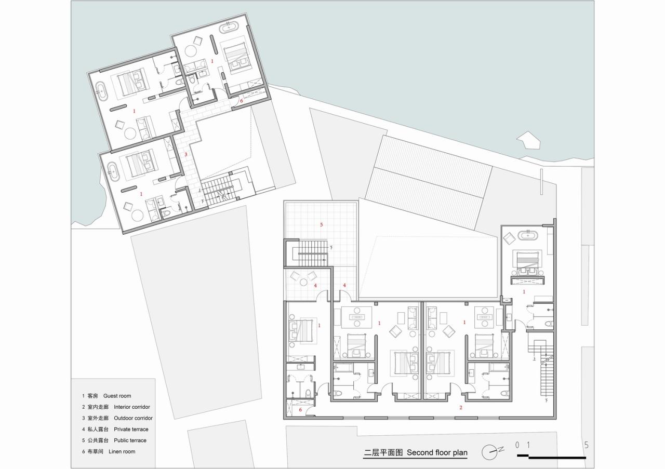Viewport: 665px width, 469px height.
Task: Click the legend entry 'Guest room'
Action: point(117,396)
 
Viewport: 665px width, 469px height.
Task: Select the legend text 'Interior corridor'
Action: point(132,407)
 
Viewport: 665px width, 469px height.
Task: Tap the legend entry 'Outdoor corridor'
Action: point(133,418)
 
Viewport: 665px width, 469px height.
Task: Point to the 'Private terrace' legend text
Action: point(131,430)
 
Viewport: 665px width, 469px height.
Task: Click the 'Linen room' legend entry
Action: point(122,452)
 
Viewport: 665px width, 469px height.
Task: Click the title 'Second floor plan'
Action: point(437,452)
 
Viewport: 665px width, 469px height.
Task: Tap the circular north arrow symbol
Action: point(489,452)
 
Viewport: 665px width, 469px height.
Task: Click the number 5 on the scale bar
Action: point(586,445)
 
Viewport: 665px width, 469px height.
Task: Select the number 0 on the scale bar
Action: point(517,445)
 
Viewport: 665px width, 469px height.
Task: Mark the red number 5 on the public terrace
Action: point(321,225)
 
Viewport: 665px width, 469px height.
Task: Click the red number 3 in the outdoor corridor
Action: point(185,154)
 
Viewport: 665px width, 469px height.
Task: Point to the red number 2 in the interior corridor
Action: point(460,408)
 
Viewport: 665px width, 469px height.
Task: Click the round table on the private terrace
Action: point(303,282)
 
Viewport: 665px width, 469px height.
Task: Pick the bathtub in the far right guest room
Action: point(528,236)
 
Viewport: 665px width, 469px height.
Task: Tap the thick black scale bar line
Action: point(556,457)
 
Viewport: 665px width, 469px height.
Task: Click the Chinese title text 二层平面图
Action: point(383,452)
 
